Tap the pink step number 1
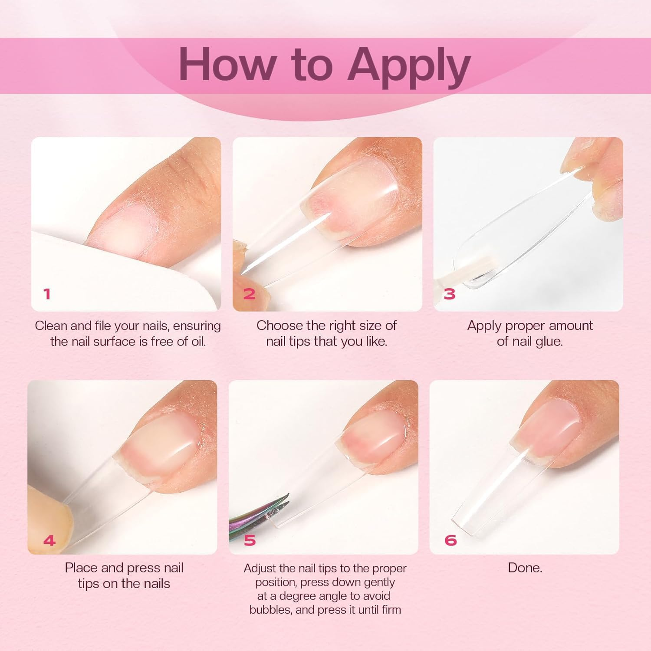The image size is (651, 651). click(x=47, y=294)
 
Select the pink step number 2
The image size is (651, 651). click(x=249, y=294)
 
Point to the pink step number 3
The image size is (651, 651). click(x=450, y=294)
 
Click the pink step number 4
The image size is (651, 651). click(x=49, y=541)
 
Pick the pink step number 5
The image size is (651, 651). click(x=250, y=540)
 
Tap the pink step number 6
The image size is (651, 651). click(x=450, y=540)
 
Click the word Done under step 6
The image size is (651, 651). click(x=524, y=568)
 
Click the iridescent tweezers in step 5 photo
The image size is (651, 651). click(x=256, y=516)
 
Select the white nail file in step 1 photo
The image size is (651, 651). click(x=108, y=278)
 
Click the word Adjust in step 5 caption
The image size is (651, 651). click(x=260, y=568)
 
